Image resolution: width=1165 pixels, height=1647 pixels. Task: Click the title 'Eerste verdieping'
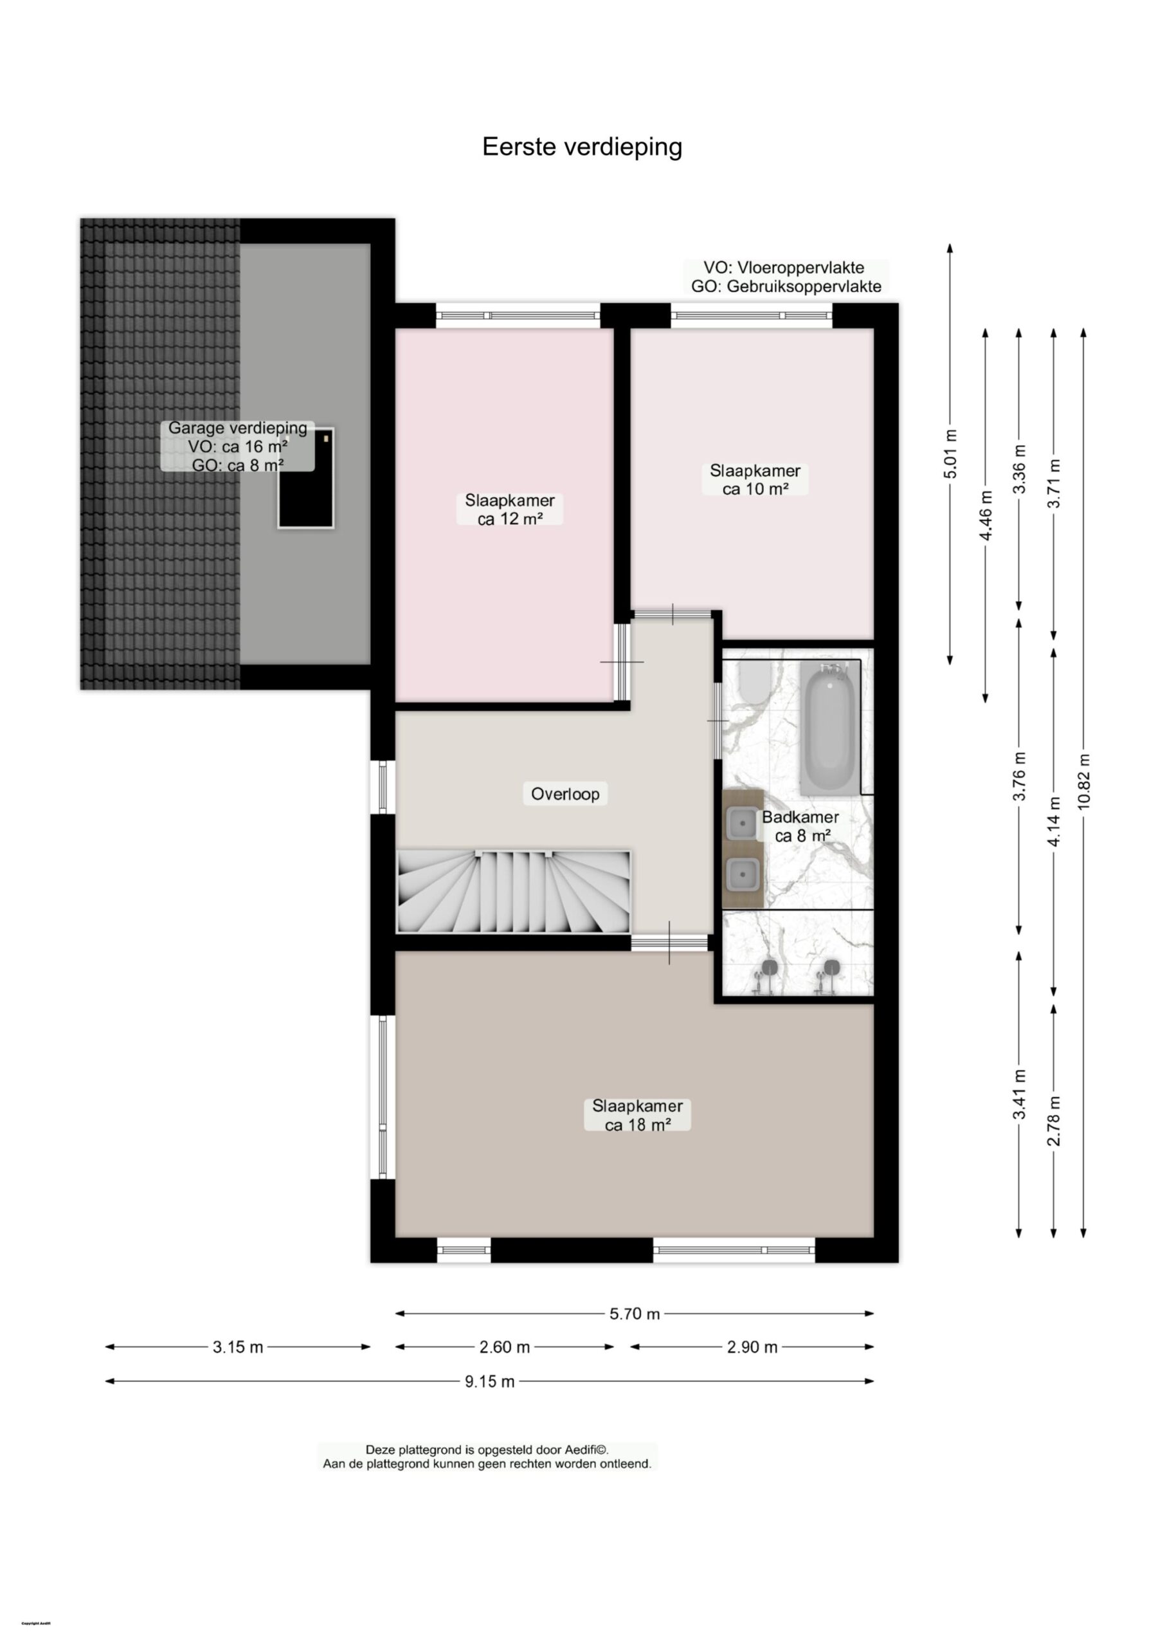point(582,147)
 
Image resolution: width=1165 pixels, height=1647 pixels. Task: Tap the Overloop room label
point(564,794)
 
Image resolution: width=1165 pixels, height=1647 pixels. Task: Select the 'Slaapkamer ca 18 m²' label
point(637,1115)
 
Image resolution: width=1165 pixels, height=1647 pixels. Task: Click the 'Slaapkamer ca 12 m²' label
point(509,510)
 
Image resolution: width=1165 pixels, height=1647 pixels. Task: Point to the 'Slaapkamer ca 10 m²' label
point(755,479)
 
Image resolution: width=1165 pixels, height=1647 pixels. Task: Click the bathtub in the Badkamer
point(828,729)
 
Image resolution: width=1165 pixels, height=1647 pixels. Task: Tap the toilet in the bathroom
point(754,682)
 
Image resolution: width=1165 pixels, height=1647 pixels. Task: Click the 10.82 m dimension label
point(1083,782)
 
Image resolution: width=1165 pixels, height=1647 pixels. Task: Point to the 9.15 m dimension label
point(489,1381)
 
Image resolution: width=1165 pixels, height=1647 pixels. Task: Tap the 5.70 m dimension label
point(634,1313)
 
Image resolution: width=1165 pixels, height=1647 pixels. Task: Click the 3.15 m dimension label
point(237,1347)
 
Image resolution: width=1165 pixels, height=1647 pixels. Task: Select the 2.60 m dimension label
point(504,1347)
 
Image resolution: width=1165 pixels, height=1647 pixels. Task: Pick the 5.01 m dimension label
point(950,454)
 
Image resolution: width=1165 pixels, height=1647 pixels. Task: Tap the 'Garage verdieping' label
point(237,428)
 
